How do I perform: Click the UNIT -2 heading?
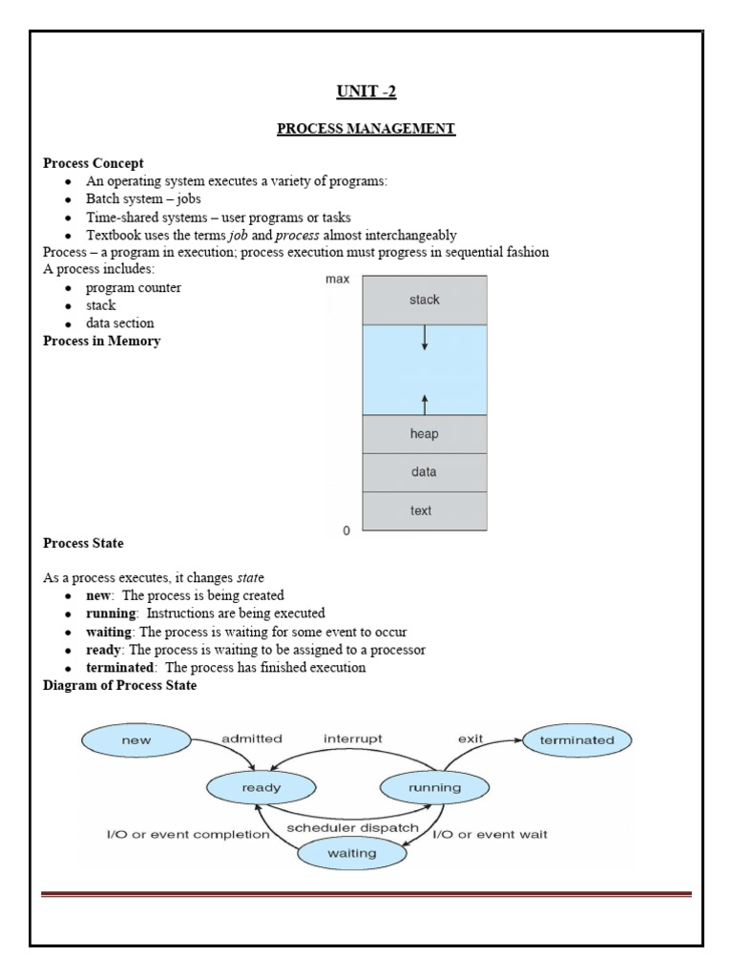coord(366,92)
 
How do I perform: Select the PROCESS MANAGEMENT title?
coord(366,128)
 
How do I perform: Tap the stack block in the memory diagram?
coord(424,300)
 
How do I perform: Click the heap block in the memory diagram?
coord(424,434)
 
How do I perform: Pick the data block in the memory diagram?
coord(424,472)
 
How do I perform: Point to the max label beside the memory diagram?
coord(337,280)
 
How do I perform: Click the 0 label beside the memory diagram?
coord(346,530)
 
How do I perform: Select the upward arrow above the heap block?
coord(424,403)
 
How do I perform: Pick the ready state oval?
coord(248,787)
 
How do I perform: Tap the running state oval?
coord(434,787)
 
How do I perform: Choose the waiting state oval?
coord(353,854)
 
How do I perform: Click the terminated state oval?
coord(576,739)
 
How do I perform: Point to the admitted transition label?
coord(251,738)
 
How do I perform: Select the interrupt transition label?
coord(352,738)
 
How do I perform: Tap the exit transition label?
coord(469,738)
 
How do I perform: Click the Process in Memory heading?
coord(102,342)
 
